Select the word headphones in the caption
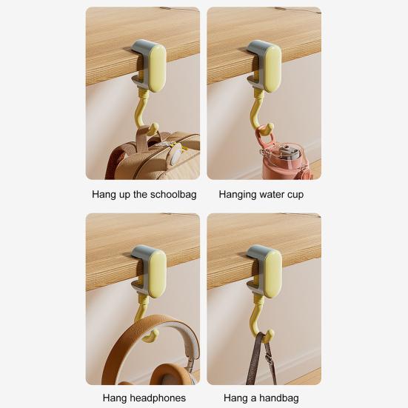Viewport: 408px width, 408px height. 156,398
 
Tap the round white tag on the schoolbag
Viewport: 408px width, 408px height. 175,157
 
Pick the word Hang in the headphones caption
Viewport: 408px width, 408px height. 115,398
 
